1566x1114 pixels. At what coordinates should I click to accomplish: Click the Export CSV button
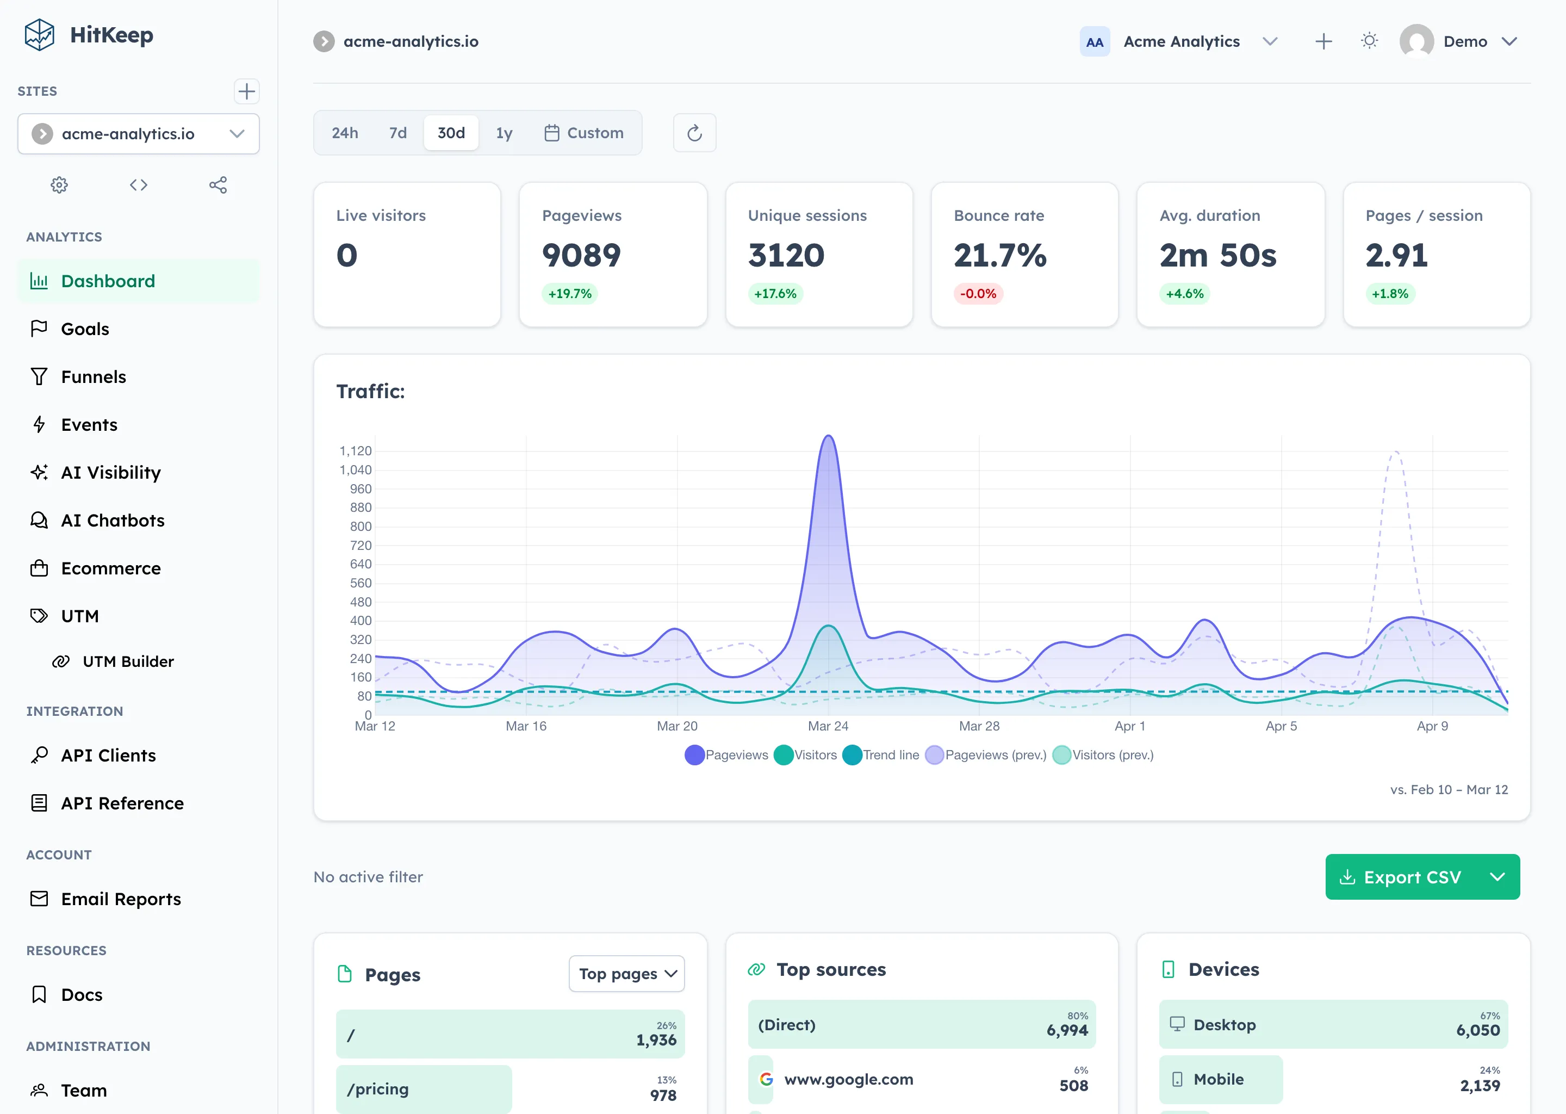tap(1402, 877)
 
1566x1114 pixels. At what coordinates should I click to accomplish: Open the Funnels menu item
tap(93, 376)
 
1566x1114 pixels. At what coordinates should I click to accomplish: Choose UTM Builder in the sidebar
tap(128, 661)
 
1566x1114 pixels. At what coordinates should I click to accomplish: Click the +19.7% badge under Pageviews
tap(569, 294)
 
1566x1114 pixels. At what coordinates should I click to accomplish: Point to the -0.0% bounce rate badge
tap(978, 294)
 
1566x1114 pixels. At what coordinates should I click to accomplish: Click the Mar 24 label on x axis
tap(828, 726)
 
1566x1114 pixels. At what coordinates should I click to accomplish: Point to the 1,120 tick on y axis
tap(355, 451)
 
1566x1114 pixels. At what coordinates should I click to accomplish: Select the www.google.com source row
tap(848, 1079)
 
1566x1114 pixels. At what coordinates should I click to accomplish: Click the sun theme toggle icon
tap(1369, 41)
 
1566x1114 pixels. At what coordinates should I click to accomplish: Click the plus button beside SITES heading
tap(246, 91)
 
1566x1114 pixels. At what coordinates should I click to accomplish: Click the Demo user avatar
tap(1416, 41)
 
